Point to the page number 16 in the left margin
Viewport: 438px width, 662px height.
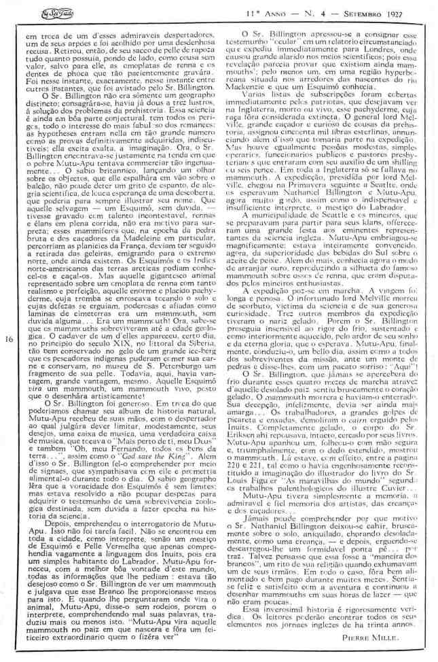(7, 338)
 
